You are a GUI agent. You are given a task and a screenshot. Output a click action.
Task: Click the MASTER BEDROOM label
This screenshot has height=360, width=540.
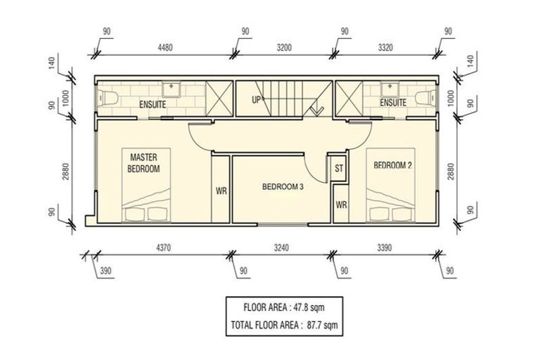[x=143, y=163]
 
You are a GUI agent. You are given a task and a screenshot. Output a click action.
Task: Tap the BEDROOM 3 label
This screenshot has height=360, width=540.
[x=283, y=187]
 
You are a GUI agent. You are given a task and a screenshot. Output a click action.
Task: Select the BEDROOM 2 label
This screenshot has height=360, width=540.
[x=393, y=165]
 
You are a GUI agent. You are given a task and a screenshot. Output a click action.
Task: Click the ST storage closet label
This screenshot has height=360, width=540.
[x=339, y=169]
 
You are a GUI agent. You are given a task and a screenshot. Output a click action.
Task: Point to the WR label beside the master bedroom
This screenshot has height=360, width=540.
[x=221, y=191]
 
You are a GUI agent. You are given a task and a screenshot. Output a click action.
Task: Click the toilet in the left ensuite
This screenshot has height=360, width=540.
[x=108, y=98]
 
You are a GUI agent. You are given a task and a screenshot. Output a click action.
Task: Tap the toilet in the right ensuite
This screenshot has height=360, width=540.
[x=425, y=98]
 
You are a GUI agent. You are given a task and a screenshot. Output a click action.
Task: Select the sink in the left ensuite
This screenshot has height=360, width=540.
[x=171, y=89]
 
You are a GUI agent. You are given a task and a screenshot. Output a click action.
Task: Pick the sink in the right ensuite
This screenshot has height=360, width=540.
[x=390, y=89]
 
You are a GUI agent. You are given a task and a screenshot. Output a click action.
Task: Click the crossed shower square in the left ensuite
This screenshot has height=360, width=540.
[x=219, y=98]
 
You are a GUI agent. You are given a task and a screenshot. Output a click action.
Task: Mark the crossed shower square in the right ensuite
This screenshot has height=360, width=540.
[x=349, y=98]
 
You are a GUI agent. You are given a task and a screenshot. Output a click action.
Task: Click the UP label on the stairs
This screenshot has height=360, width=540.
[x=257, y=101]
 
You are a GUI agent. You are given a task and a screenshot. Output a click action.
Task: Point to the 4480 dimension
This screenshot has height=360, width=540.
[x=165, y=47]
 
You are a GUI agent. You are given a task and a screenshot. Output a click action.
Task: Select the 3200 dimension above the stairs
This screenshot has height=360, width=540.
[x=284, y=47]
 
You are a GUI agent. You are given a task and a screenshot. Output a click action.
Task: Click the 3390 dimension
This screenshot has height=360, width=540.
[x=385, y=247]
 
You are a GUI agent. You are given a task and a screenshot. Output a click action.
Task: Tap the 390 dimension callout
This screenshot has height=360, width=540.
[x=105, y=271]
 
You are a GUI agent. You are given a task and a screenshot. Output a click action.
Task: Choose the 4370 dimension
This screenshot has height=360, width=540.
[x=163, y=247]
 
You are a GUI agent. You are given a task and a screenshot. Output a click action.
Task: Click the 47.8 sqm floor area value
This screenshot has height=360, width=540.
[x=309, y=307]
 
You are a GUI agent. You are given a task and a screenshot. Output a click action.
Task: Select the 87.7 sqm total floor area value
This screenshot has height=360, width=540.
[x=322, y=325]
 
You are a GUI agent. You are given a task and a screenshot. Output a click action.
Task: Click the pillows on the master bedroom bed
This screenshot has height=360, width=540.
[x=146, y=214]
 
